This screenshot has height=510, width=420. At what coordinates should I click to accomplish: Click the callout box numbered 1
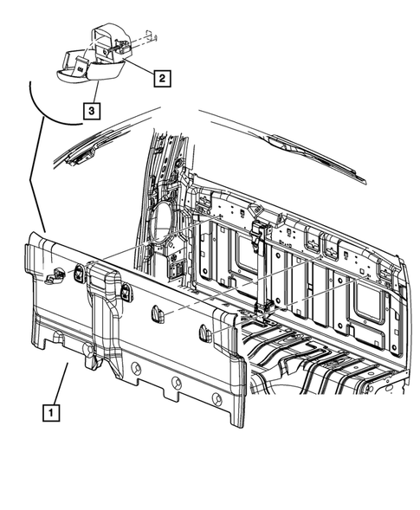coord(54,413)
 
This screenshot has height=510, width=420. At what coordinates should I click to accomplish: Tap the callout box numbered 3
coord(90,110)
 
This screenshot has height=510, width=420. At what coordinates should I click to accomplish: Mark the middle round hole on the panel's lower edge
coord(176,383)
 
